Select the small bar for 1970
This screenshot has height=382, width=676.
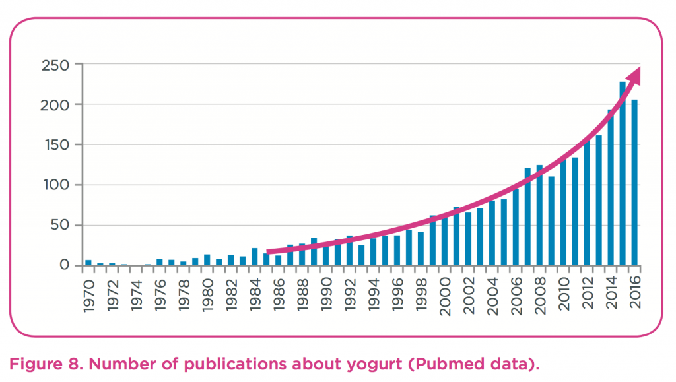88,263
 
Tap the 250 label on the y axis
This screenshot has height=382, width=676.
55,65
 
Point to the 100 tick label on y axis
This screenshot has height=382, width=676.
55,185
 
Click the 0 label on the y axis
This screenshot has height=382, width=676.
64,265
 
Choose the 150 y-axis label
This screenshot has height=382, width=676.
55,144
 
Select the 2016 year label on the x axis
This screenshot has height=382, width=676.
634,293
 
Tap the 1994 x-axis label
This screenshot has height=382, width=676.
374,293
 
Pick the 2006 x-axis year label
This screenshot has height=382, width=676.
516,293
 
